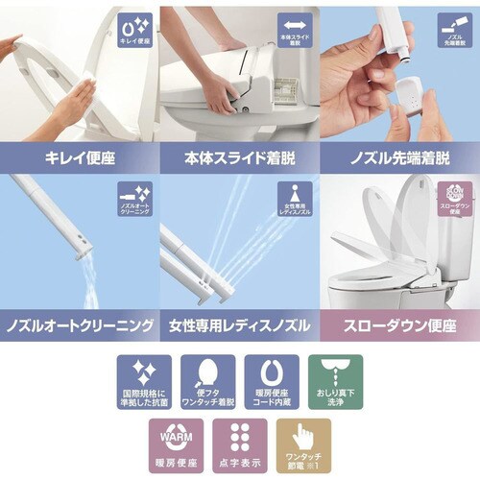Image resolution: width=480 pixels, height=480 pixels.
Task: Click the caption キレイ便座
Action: [x=79, y=156]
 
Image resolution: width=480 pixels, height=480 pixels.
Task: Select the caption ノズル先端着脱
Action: [x=399, y=156]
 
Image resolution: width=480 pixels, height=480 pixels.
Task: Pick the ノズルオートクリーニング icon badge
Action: [x=135, y=199]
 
